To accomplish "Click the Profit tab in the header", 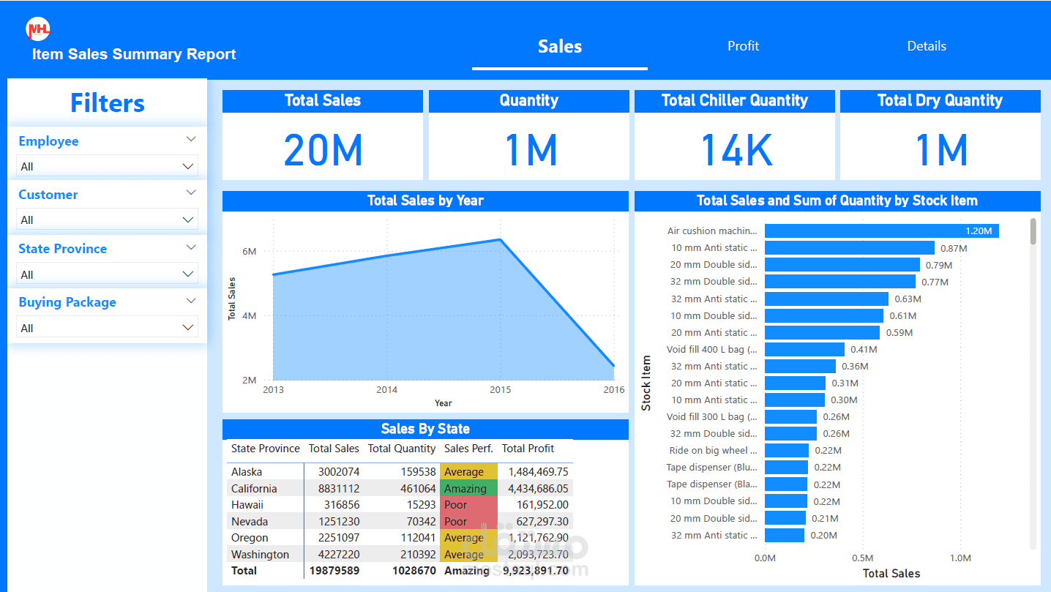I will [x=743, y=46].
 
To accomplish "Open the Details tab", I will [x=927, y=46].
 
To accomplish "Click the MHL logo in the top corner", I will [x=38, y=29].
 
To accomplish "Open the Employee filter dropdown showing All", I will [x=107, y=166].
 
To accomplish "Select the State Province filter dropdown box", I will [x=107, y=274].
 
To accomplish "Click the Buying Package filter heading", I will [x=67, y=302].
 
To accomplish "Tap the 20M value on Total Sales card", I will [x=323, y=150].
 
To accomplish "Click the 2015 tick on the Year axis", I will [x=501, y=390].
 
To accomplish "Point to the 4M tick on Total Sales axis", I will [x=249, y=316].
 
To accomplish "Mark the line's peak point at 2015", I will [x=501, y=239].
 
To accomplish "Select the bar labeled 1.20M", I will [x=881, y=231].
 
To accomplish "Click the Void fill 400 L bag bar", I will [x=804, y=350].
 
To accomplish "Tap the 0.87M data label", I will [x=954, y=248].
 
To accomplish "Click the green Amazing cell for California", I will [x=468, y=489].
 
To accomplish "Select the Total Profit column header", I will [x=528, y=449].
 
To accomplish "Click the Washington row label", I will [x=260, y=555].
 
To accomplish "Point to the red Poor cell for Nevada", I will [x=468, y=522].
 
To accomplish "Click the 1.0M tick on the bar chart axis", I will [x=960, y=558].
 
